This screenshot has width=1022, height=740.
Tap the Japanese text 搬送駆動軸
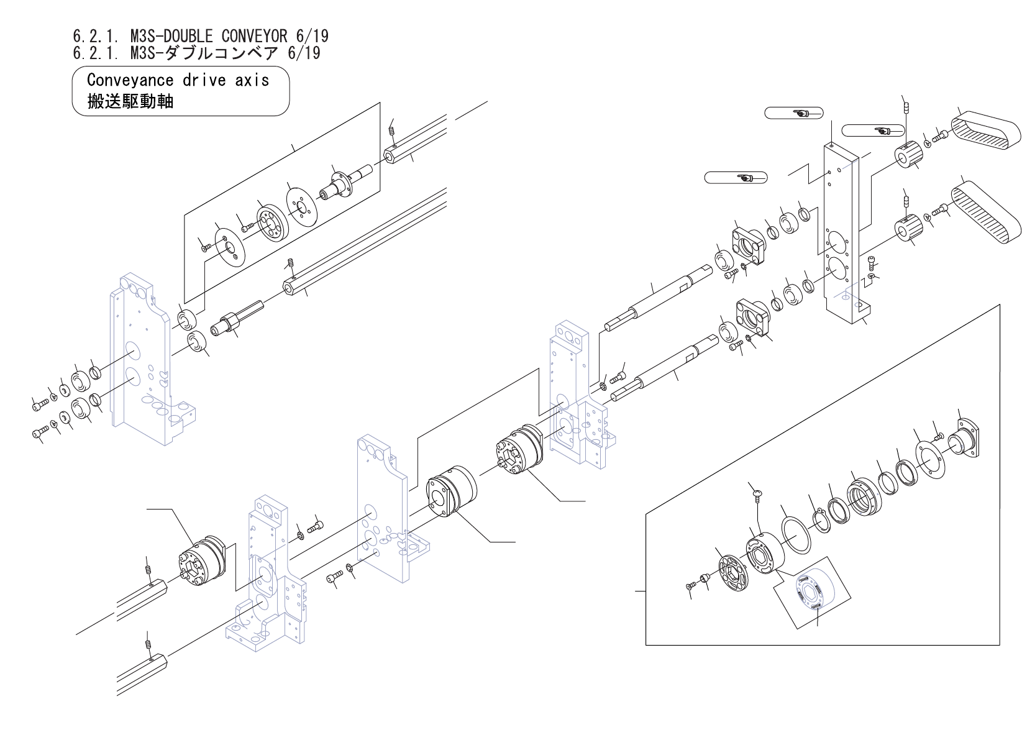coord(130,101)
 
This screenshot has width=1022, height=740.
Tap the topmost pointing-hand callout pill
coord(793,112)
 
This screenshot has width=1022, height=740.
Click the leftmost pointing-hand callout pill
coord(736,178)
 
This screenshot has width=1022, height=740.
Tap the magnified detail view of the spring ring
coord(811,591)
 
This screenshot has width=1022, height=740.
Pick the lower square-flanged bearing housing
coord(752,317)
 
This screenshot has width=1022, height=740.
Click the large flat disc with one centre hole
coord(301,206)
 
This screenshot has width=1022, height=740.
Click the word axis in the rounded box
coord(252,80)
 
